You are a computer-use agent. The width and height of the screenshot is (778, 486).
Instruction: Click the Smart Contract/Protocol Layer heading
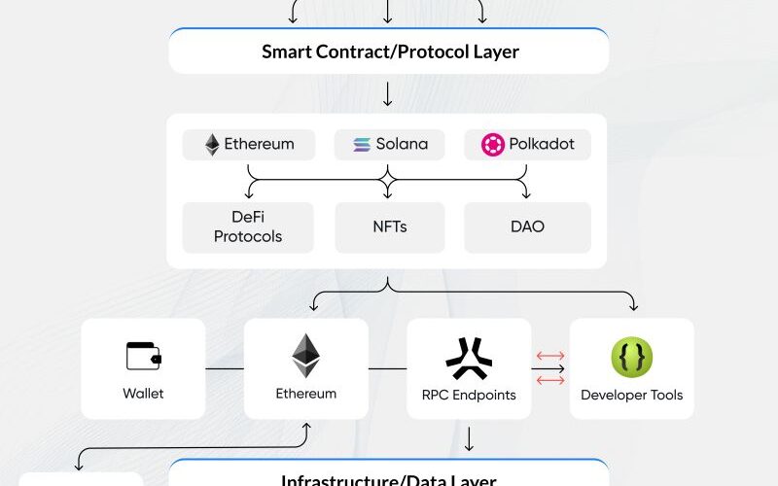pyautogui.click(x=389, y=52)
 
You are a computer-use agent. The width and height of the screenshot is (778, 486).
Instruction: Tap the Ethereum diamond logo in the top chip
pyautogui.click(x=212, y=145)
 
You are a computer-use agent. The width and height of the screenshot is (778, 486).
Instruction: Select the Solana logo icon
pyautogui.click(x=362, y=145)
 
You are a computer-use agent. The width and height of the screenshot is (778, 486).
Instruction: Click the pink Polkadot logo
pyautogui.click(x=493, y=145)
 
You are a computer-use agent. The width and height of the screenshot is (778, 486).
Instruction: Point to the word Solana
pyautogui.click(x=402, y=144)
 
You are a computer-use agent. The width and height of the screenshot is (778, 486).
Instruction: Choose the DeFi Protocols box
pyautogui.click(x=248, y=227)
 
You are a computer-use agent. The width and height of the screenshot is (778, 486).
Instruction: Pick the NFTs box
pyautogui.click(x=389, y=227)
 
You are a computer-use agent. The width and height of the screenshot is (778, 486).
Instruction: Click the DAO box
pyautogui.click(x=527, y=227)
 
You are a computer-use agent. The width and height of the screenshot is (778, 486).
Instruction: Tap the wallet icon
pyautogui.click(x=143, y=356)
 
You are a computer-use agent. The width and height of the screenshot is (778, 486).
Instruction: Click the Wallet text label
pyautogui.click(x=143, y=394)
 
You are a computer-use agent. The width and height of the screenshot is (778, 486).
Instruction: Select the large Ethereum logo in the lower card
pyautogui.click(x=305, y=355)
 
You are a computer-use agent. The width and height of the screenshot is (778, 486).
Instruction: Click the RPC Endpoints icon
pyautogui.click(x=469, y=357)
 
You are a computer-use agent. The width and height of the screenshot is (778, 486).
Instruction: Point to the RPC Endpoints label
pyautogui.click(x=469, y=395)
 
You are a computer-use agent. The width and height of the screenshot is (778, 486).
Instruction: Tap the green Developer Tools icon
pyautogui.click(x=631, y=358)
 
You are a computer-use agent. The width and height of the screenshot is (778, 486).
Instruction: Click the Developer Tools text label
pyautogui.click(x=631, y=395)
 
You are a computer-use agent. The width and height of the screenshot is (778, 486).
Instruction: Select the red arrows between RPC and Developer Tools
pyautogui.click(x=550, y=368)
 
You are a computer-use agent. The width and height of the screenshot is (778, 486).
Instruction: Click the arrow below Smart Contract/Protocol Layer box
pyautogui.click(x=388, y=94)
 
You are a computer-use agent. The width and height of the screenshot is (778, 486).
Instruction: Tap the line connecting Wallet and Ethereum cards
pyautogui.click(x=225, y=368)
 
